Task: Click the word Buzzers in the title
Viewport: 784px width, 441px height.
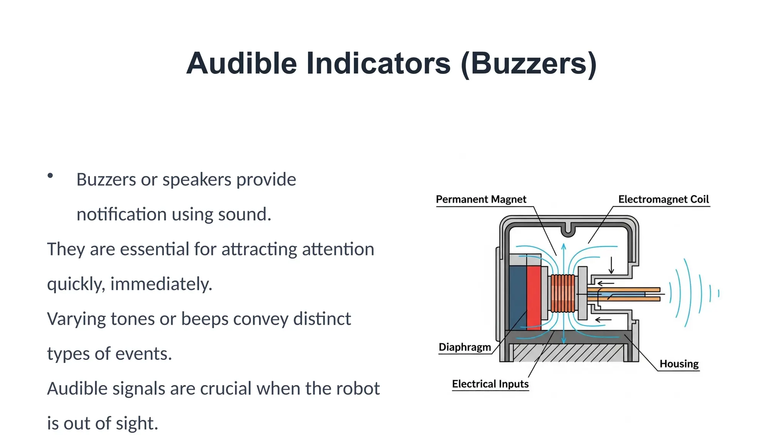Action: click(528, 64)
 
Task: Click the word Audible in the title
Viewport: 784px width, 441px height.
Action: click(242, 64)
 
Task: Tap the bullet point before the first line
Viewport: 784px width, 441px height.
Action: click(50, 176)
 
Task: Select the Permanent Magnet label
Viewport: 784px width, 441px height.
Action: click(481, 199)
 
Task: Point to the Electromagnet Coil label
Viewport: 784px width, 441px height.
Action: click(663, 199)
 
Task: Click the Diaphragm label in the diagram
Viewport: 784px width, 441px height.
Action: click(465, 347)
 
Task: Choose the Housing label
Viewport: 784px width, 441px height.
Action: click(679, 364)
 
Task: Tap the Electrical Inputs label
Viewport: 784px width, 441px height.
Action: click(490, 384)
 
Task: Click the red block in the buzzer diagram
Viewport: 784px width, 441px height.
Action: click(534, 298)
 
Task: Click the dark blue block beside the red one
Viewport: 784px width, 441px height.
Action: click(518, 298)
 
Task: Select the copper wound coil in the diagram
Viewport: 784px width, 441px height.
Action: click(563, 294)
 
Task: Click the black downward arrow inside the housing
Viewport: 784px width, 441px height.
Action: click(611, 265)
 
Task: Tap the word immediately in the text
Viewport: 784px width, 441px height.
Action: click(161, 284)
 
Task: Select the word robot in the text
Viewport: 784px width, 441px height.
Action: click(358, 389)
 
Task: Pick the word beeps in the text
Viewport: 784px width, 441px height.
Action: click(204, 319)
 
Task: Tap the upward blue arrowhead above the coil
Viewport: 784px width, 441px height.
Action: click(563, 245)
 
